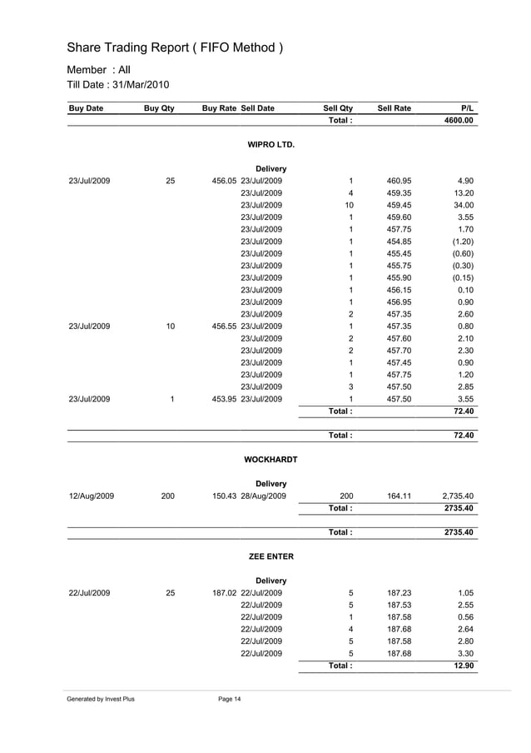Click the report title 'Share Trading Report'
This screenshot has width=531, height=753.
[175, 48]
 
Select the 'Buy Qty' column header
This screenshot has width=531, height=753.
[158, 108]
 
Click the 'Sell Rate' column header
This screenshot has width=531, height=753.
[395, 108]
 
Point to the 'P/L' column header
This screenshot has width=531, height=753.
[467, 108]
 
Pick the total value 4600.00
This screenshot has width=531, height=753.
[458, 120]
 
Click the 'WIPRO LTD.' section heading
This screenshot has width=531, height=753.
[271, 145]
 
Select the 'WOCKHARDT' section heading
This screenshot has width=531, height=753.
[270, 460]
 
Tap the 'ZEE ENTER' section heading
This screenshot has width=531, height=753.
[271, 556]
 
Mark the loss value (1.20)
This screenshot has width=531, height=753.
[462, 242]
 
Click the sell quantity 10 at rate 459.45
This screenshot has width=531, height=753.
[350, 205]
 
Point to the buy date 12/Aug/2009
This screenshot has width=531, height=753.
[92, 496]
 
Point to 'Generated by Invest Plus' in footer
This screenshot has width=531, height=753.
[101, 699]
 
